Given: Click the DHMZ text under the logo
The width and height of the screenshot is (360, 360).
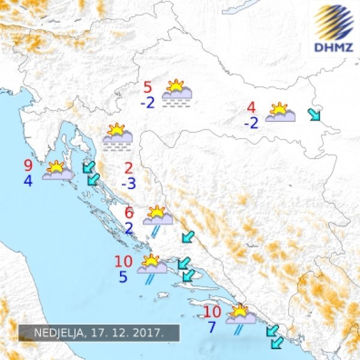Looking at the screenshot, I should tap(333, 46).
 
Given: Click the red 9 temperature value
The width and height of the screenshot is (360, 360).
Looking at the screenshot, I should tap(28, 166).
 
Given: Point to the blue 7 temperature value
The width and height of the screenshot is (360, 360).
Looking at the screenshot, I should tap(211, 328).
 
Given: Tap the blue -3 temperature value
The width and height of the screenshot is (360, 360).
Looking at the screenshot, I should tap(128, 183).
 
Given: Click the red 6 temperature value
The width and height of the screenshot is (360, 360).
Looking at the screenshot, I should tap(129, 212).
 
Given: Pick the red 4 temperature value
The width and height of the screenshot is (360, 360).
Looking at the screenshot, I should tap(251, 108).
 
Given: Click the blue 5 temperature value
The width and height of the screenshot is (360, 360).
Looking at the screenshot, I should tap(122, 277).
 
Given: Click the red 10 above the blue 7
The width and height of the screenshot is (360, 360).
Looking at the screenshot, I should tap(212, 312).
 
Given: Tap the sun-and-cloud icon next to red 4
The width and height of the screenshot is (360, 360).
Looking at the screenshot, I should tap(280, 113).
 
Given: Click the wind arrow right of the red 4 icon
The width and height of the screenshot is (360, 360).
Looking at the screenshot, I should tap(314, 114).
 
